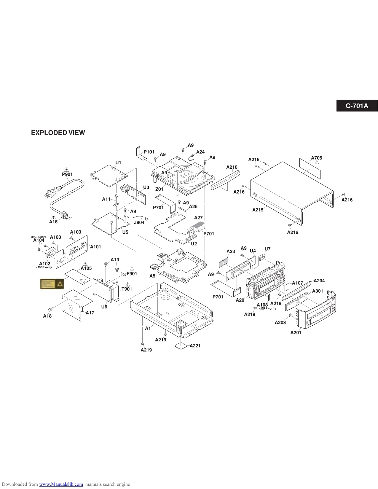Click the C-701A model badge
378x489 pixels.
coord(357,106)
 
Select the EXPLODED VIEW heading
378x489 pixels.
coord(58,133)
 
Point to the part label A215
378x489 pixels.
coord(258,210)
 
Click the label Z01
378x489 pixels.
coord(159,189)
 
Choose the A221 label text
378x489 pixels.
coord(195,345)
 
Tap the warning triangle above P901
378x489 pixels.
coord(67,169)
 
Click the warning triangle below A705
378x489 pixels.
coord(317,163)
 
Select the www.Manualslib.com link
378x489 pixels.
coord(61,484)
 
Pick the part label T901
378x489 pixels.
coord(127,289)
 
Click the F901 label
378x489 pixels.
coord(132,274)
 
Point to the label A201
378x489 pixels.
coord(296,332)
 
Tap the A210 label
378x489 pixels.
coord(232,167)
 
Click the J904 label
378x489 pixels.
coord(139,222)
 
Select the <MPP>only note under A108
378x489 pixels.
coord(267,308)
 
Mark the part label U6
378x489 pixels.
coord(104,307)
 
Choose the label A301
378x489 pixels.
coord(318,291)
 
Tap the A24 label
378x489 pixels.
coord(200,152)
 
